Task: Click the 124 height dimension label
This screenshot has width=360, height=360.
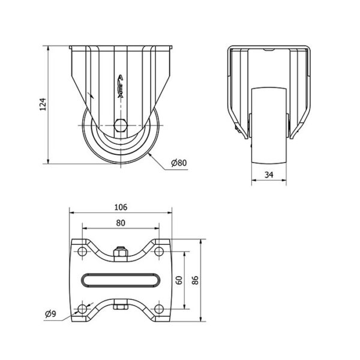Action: [43, 104]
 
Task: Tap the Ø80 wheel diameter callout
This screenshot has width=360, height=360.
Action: [179, 163]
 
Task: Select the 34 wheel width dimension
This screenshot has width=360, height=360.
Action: [269, 175]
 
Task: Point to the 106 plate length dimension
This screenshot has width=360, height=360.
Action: [121, 208]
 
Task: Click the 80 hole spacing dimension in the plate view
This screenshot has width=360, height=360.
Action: [121, 223]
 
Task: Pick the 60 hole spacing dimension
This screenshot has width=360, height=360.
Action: [179, 280]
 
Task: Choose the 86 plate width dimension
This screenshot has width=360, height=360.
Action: [195, 280]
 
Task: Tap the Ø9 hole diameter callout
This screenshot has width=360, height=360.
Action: [50, 314]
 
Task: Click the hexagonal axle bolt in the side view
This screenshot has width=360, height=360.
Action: [121, 125]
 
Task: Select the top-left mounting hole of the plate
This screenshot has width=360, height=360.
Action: [82, 251]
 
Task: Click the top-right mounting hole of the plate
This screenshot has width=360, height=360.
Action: [159, 251]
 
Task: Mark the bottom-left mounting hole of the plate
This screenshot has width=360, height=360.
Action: [82, 309]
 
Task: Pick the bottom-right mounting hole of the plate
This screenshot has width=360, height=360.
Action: [159, 309]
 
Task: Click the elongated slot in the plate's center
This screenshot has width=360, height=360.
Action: [121, 280]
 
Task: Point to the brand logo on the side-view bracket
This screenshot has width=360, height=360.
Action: [121, 86]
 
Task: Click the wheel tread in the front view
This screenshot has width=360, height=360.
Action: [269, 126]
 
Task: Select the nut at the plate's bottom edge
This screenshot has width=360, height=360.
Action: [121, 307]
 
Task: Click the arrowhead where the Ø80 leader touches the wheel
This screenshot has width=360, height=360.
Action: [149, 155]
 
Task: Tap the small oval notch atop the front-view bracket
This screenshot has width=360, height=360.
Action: [269, 50]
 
